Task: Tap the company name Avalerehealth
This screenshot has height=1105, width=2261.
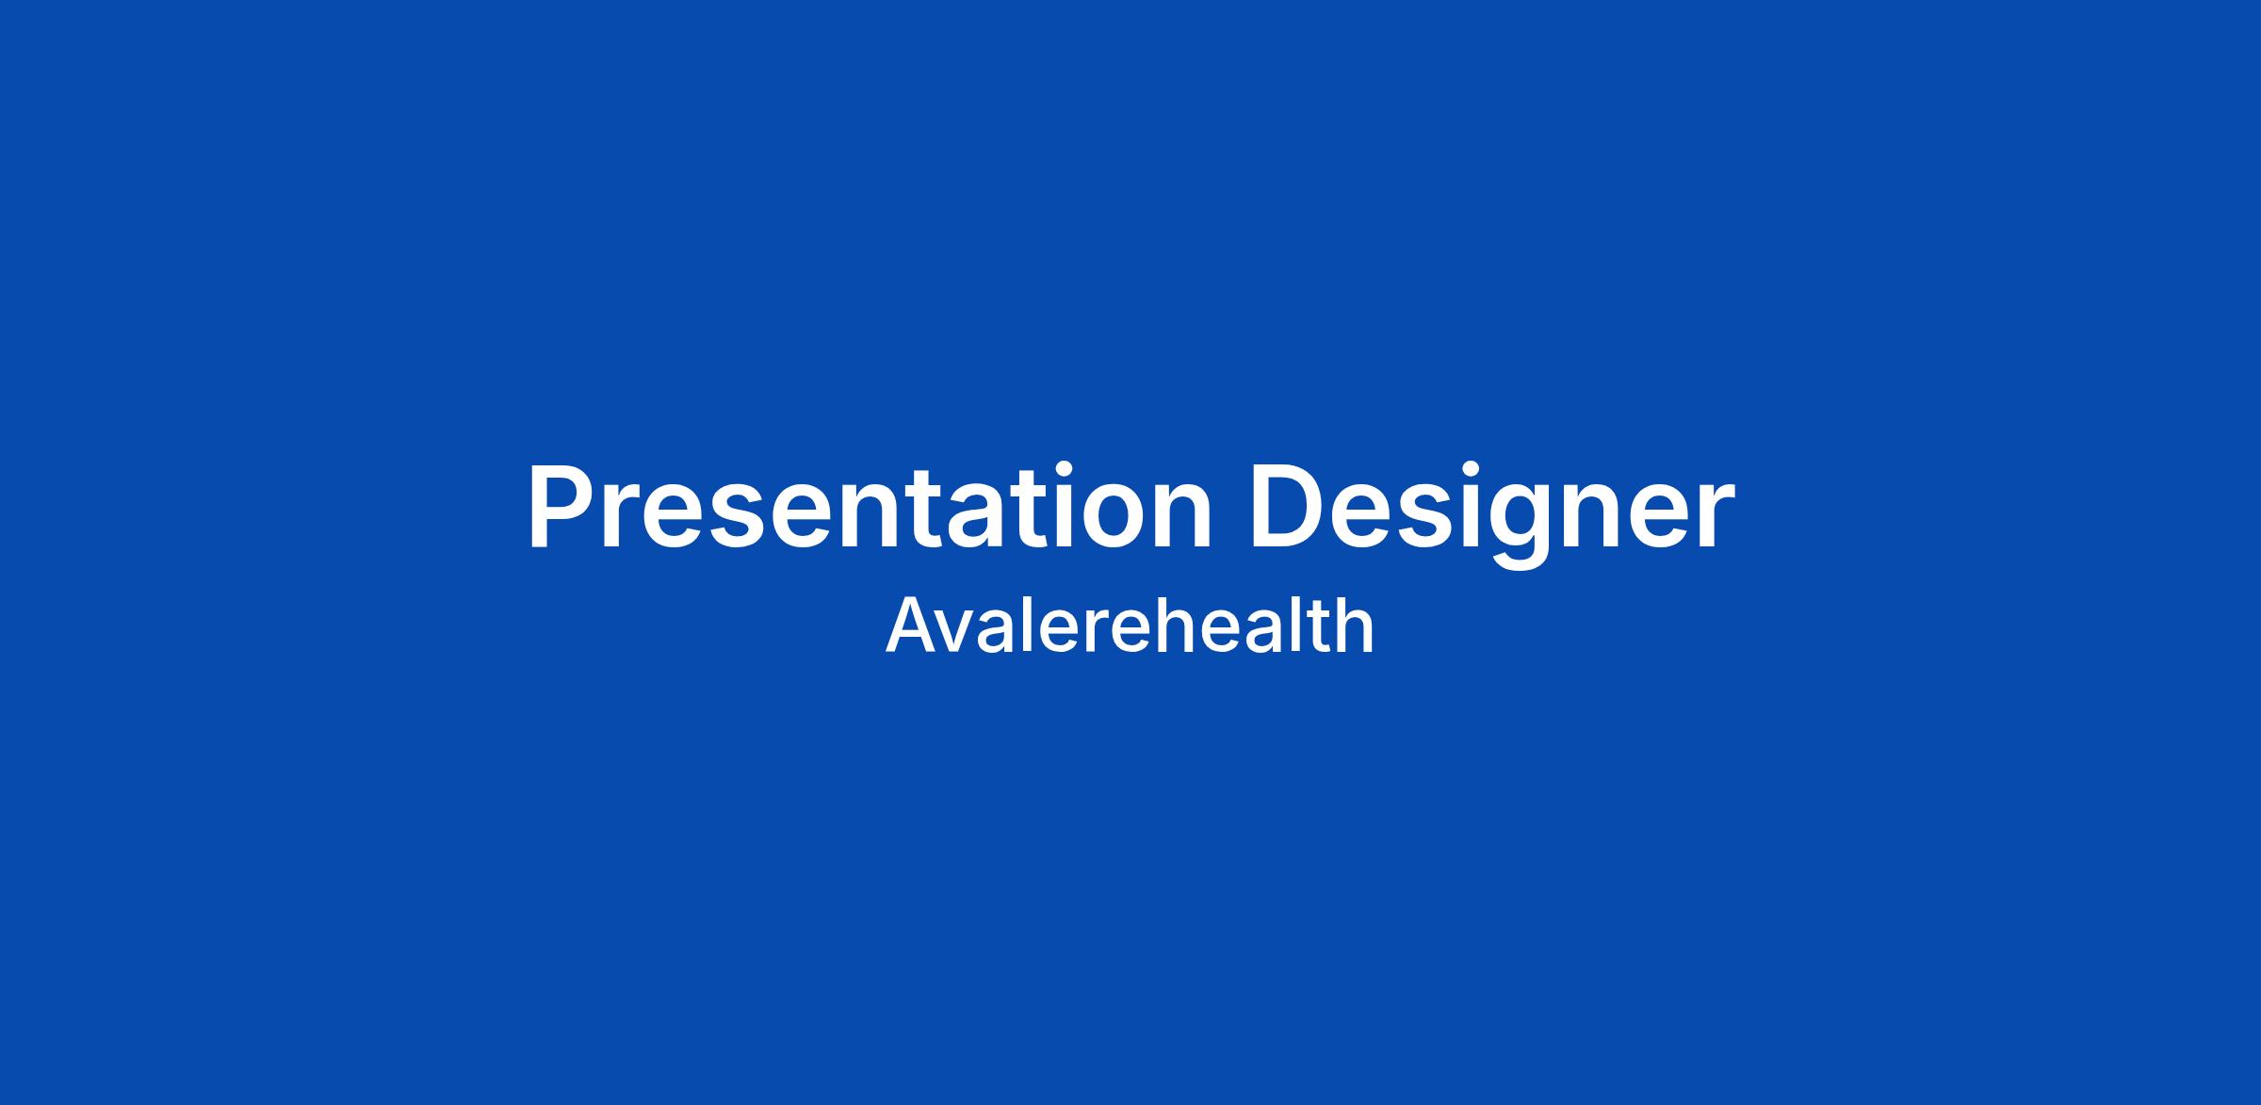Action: pos(1130,625)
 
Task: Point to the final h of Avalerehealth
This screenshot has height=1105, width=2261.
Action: pos(1355,625)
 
